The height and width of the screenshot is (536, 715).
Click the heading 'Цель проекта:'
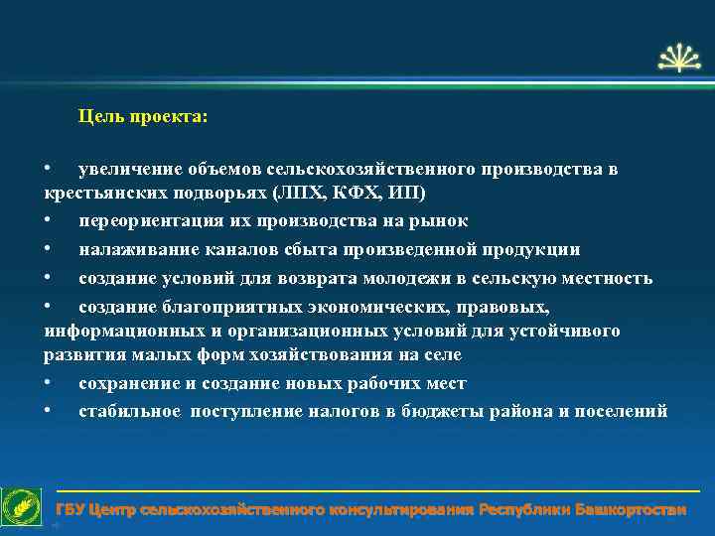143,117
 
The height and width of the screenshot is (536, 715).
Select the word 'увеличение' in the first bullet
125,169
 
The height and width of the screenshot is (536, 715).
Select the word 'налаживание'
135,249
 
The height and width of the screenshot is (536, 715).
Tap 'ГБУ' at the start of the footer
70,510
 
